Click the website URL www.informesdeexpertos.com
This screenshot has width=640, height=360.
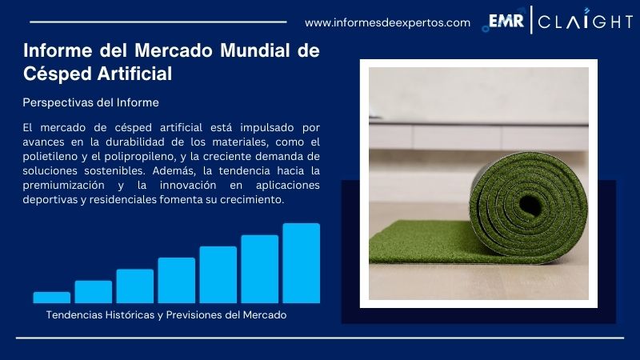388,22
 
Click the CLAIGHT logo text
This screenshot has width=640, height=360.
585,22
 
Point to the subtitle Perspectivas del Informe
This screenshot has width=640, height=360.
91,102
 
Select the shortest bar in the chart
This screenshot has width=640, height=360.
52,298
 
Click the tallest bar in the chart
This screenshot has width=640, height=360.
301,263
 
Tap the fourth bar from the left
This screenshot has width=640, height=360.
177,280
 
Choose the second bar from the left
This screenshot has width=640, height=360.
94,292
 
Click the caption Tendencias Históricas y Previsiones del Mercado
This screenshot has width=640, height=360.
166,315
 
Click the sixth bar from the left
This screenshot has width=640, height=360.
259,269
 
